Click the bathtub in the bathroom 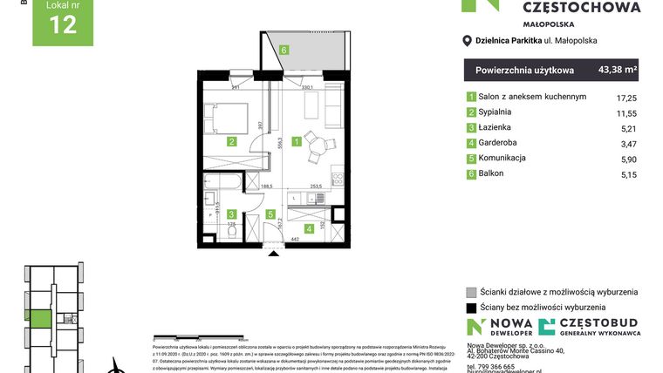[x=225, y=183]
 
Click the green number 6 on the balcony [x=284, y=50]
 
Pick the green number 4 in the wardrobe [x=299, y=227]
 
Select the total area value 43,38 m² [x=618, y=69]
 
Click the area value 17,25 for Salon [x=625, y=97]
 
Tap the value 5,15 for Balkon [x=625, y=174]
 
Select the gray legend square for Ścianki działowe [x=471, y=292]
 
